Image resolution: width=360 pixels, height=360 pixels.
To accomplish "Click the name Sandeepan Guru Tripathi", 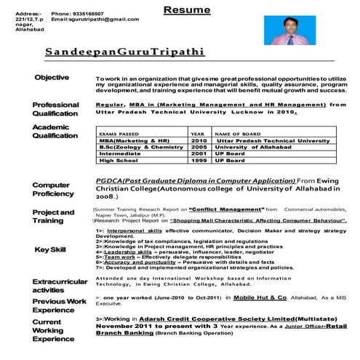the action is click(x=124, y=53).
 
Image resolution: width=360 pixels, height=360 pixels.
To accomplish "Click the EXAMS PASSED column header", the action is click(x=121, y=134).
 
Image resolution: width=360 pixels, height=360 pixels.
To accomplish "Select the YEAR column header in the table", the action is click(x=197, y=134).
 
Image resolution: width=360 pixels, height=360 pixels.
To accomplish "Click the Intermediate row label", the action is click(x=119, y=154).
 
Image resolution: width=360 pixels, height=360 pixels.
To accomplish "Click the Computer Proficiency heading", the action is click(x=52, y=189).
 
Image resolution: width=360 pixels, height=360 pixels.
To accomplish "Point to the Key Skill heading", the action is click(x=51, y=250).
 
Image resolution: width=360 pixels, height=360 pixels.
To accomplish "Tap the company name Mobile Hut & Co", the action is click(x=257, y=298).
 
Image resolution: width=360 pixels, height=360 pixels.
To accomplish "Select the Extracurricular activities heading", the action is click(x=57, y=285).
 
